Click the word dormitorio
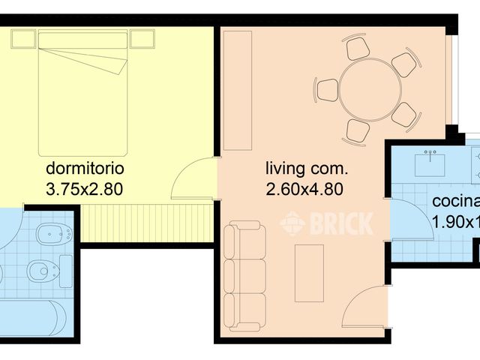(x=85, y=167)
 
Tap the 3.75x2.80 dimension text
(x=85, y=189)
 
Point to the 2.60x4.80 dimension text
(x=304, y=189)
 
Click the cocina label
(x=455, y=201)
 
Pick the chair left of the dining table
(x=328, y=90)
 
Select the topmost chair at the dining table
(x=358, y=49)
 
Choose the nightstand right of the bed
(x=142, y=38)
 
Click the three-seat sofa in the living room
(x=244, y=276)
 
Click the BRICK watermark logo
(x=326, y=223)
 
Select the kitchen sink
(x=431, y=160)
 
